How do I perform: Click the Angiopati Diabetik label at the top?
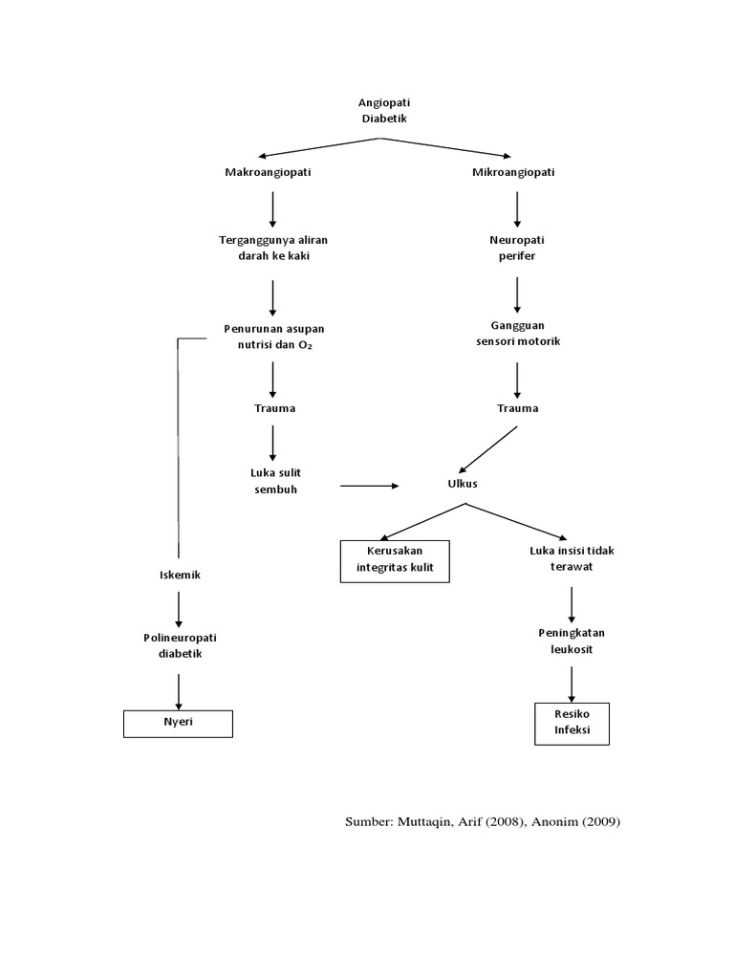[x=382, y=109]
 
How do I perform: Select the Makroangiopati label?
[x=268, y=172]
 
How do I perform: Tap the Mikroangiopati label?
[x=513, y=172]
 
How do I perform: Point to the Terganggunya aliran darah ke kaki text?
[x=273, y=248]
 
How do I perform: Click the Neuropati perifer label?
[x=517, y=248]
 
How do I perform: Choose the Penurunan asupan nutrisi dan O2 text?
[x=274, y=337]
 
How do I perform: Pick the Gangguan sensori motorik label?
[x=517, y=334]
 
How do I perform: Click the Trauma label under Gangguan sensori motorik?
[x=517, y=408]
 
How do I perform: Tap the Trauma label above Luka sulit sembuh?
[x=274, y=408]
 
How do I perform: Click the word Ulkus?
[x=463, y=484]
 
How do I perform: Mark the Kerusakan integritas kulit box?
[x=395, y=561]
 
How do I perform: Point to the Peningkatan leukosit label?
[x=572, y=640]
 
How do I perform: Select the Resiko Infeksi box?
[x=572, y=723]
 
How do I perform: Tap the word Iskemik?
[x=179, y=575]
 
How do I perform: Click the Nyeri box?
[x=179, y=723]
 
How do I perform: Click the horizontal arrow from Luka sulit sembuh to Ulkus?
[x=369, y=487]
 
